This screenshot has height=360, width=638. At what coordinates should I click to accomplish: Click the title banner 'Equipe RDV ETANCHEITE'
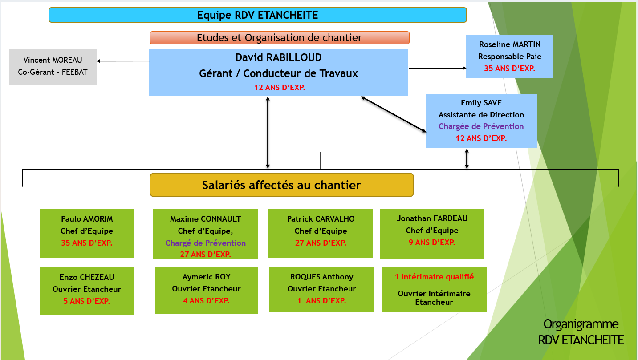pyautogui.click(x=257, y=15)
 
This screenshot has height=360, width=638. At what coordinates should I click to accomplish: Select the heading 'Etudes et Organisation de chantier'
pyautogui.click(x=280, y=38)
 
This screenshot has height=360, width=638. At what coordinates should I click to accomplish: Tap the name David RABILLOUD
pyautogui.click(x=278, y=57)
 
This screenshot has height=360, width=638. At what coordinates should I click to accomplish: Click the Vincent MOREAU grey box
pyautogui.click(x=53, y=66)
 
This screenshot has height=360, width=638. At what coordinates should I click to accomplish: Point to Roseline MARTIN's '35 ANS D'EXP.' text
pyautogui.click(x=509, y=68)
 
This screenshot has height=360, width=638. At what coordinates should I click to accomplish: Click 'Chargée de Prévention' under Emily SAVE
pyautogui.click(x=481, y=126)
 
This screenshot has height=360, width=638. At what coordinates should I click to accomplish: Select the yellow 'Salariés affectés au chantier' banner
pyautogui.click(x=282, y=185)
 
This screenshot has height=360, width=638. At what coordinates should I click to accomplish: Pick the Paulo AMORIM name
pyautogui.click(x=87, y=219)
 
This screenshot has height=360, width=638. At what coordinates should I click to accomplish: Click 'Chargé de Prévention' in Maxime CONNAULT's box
pyautogui.click(x=205, y=243)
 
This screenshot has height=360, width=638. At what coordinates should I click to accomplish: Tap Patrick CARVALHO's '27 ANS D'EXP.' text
pyautogui.click(x=321, y=243)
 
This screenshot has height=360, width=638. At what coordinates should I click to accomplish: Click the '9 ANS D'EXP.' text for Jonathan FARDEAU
pyautogui.click(x=432, y=243)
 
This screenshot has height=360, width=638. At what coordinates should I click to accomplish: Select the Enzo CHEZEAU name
pyautogui.click(x=87, y=277)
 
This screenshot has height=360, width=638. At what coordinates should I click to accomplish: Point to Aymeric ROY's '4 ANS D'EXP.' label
pyautogui.click(x=206, y=301)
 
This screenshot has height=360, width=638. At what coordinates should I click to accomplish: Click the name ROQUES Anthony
pyautogui.click(x=321, y=277)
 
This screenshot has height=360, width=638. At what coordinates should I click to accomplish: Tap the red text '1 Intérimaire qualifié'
pyautogui.click(x=434, y=277)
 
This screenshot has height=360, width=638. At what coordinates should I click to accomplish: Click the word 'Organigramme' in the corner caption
pyautogui.click(x=581, y=324)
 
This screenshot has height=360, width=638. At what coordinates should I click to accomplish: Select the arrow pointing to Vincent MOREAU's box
pyautogui.click(x=123, y=61)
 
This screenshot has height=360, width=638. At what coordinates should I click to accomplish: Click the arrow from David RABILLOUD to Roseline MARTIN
pyautogui.click(x=438, y=68)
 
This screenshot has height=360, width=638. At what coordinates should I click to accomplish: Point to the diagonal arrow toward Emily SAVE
pyautogui.click(x=394, y=114)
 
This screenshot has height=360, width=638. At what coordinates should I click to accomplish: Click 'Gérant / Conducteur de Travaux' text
pyautogui.click(x=278, y=73)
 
